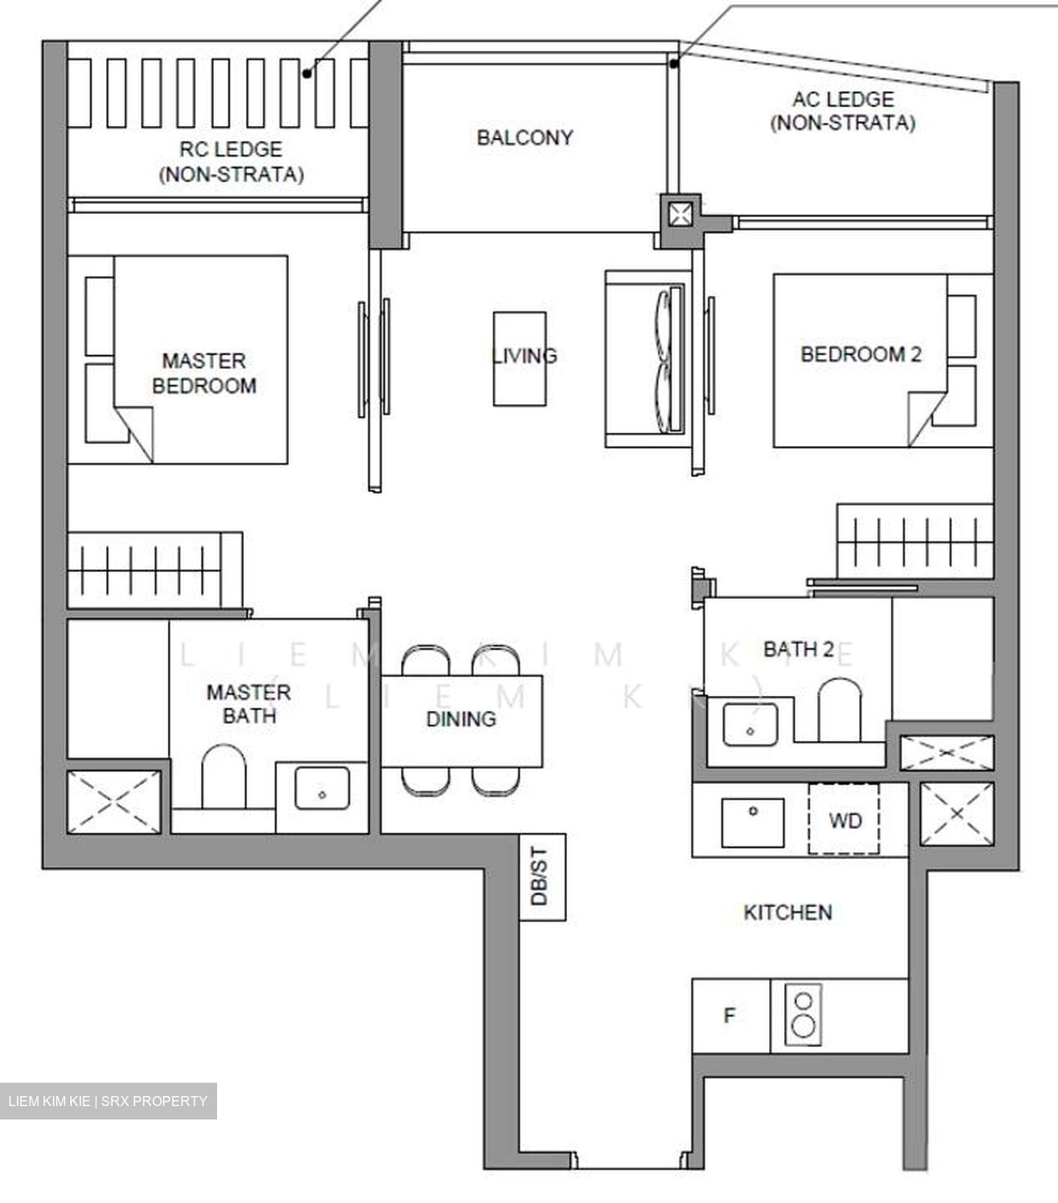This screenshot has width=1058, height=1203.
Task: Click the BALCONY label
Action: point(524,137)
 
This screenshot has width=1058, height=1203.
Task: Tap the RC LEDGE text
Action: point(230,150)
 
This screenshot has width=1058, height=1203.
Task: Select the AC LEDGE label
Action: point(843,99)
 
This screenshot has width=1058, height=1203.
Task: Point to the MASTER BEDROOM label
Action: point(204,373)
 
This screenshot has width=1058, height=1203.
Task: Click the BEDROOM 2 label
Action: point(860,354)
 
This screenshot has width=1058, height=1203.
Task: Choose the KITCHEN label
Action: point(787,911)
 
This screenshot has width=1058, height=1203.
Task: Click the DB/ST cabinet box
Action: point(542,876)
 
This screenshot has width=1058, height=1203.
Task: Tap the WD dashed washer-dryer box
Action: point(843,820)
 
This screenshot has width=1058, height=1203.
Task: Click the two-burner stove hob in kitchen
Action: point(803,1015)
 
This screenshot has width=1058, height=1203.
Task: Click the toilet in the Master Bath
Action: point(224,778)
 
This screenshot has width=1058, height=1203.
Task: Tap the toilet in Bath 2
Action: point(839,710)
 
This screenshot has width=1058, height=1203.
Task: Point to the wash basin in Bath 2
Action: point(750,723)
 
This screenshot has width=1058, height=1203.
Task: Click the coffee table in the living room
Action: point(519,359)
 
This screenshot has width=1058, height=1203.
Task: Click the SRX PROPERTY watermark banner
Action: point(108,1101)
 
